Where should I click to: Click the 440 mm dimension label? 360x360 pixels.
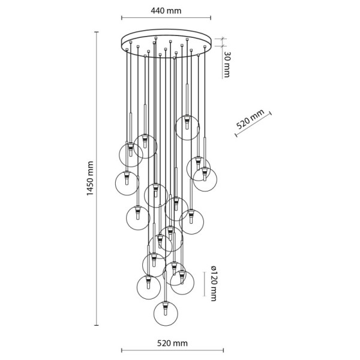click(x=166, y=11)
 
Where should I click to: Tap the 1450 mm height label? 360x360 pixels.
click(x=90, y=178)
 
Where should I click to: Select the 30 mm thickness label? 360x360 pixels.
click(x=227, y=64)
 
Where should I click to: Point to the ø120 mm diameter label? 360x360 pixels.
click(x=213, y=283)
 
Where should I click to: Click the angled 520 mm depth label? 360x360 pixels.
click(x=250, y=119)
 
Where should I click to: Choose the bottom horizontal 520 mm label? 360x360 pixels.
click(x=172, y=343)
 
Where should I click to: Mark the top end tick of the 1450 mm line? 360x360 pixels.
click(x=97, y=32)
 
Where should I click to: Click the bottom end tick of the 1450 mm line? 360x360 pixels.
click(x=97, y=325)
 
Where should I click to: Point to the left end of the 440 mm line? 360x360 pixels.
click(x=122, y=17)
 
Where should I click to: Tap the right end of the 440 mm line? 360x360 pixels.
click(x=211, y=17)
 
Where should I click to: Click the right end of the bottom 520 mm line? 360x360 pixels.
click(x=223, y=350)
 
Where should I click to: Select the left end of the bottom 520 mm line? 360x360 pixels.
click(x=122, y=350)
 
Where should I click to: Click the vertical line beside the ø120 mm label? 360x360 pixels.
click(x=205, y=284)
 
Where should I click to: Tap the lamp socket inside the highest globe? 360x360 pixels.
click(x=187, y=122)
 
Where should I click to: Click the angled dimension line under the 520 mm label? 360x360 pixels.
click(x=253, y=125)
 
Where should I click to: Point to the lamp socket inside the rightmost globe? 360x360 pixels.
click(x=205, y=174)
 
